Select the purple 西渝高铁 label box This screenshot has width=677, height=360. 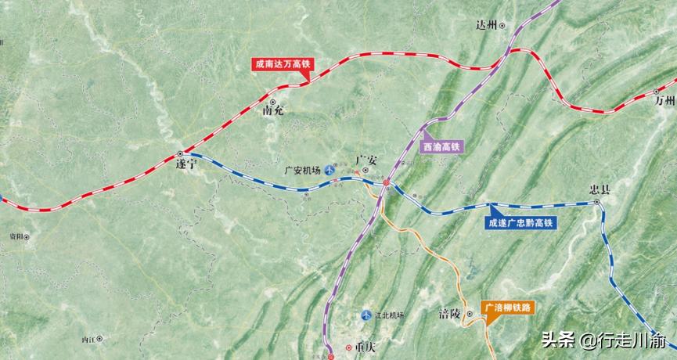(442, 146)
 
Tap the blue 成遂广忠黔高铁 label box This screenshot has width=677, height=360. (520, 223)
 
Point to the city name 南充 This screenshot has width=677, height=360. (273, 111)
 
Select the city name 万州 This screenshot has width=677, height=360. (664, 101)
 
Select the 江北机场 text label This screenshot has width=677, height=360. (389, 315)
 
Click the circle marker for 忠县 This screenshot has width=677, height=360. (596, 202)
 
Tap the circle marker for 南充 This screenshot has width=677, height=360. (272, 102)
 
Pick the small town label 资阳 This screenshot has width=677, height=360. (12, 235)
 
